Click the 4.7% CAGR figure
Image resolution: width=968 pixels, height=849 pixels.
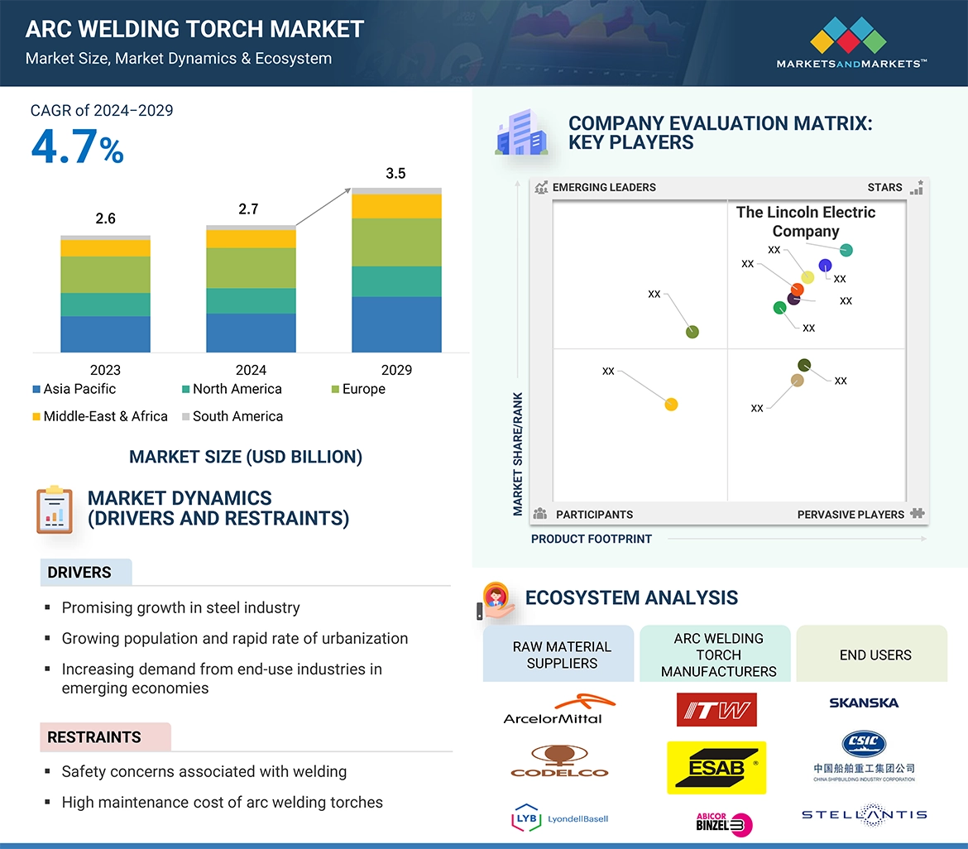(77, 148)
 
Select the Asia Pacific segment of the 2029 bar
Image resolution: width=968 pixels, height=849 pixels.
(396, 324)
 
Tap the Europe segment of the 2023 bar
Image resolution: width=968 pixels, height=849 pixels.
(105, 275)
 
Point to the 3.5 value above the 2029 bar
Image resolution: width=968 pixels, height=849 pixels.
(395, 174)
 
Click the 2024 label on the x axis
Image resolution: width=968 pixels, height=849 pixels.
(251, 370)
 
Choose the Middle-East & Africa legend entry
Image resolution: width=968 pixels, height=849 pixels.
(99, 416)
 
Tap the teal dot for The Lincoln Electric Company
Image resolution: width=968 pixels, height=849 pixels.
(846, 251)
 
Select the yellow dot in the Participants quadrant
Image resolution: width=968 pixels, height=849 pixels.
(671, 405)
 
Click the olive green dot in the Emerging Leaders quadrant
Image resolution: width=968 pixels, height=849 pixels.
(692, 332)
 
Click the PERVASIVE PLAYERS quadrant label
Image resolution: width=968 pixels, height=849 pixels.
(851, 515)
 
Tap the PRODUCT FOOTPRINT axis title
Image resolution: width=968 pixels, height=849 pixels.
(591, 540)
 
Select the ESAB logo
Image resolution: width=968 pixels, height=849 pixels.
(716, 767)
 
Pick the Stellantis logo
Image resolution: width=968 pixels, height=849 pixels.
(864, 815)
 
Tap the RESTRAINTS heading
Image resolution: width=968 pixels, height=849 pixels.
(94, 737)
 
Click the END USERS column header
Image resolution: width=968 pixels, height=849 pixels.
(875, 655)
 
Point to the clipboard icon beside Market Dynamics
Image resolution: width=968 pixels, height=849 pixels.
(55, 509)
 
